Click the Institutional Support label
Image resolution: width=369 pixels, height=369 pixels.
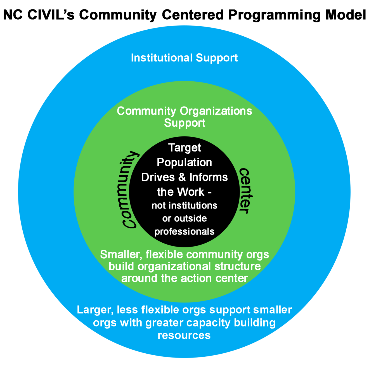point(184,58)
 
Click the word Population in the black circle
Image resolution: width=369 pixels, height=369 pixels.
point(184,163)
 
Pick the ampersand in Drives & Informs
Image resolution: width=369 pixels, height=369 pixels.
point(182,177)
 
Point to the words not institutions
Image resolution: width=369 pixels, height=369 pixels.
point(184,205)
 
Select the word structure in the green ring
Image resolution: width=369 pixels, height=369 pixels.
point(237,266)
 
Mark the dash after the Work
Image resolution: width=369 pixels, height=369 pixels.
point(209,193)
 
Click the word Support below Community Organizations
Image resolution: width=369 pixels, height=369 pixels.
point(184,123)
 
